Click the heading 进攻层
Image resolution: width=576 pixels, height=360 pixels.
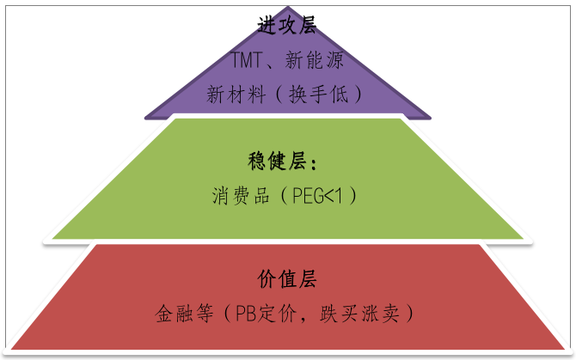288,25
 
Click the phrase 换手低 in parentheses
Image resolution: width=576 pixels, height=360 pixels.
322,94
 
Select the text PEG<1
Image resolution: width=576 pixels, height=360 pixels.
315,196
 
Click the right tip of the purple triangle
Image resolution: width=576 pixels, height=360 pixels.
430,117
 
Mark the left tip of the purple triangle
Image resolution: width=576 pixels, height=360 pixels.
146,117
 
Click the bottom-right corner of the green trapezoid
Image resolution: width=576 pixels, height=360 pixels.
523,237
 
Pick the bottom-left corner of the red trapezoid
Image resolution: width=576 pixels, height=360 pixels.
13,348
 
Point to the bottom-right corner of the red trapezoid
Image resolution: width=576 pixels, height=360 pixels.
563,348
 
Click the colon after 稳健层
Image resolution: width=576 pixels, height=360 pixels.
314,162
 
